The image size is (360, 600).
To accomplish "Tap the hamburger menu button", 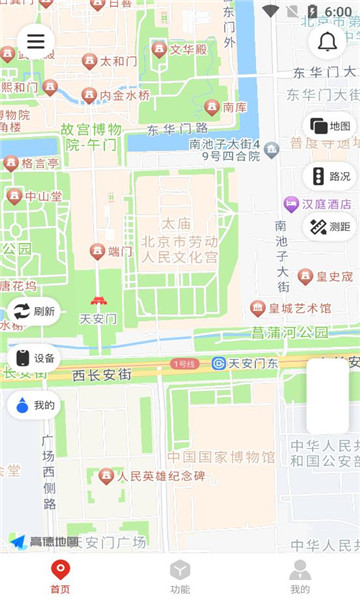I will pos(36,41).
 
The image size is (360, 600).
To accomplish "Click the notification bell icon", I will pos(327,42).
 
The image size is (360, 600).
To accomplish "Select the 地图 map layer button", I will pos(330,126).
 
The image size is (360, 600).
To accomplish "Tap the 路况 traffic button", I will pos(330,176).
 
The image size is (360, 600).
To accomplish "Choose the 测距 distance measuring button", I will pos(330,226).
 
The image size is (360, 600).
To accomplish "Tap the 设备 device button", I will pos(33,358).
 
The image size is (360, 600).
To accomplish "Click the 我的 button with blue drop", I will pos(33,405).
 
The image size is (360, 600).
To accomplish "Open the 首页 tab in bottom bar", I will pos(60,577).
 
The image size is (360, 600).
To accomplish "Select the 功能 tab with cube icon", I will pos(180,577).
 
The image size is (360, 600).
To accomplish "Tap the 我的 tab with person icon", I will pos(300,577).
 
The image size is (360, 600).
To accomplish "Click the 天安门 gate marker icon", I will pos(98,301).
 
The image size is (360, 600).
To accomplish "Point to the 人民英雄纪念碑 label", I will pos(160,476).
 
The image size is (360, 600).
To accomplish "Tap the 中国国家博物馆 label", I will pos(221,457).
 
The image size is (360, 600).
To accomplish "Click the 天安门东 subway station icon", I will pos(218,363).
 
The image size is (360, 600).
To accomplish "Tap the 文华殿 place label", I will pos(188,49).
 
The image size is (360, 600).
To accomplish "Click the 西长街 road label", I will pos(102,376).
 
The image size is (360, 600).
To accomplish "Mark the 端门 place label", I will pos(120,251).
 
